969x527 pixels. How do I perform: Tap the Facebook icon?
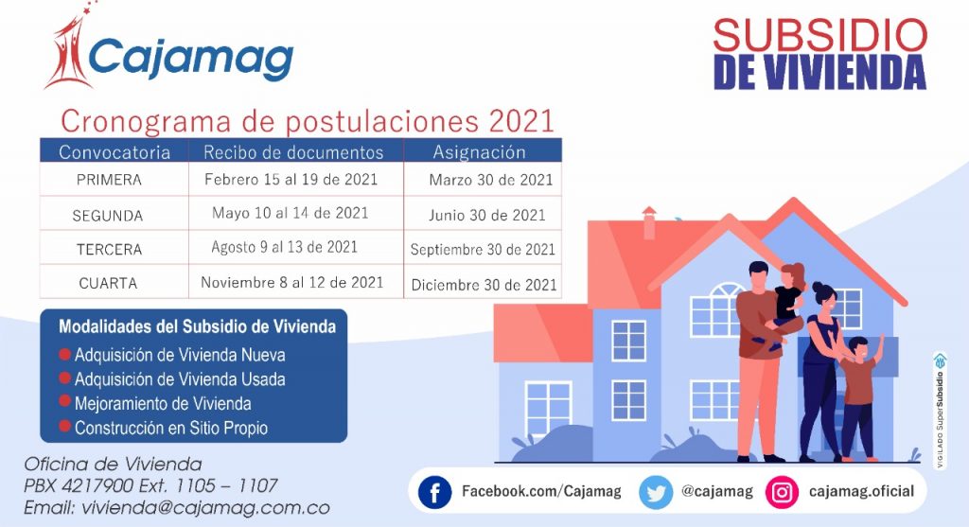point(434,492)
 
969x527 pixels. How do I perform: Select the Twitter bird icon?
point(655,492)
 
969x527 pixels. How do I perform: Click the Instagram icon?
point(782,492)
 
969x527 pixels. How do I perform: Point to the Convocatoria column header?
point(115,152)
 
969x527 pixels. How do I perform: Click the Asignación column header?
point(479,152)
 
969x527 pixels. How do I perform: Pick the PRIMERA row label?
point(109,180)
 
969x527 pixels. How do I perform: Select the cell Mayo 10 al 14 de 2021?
point(290,213)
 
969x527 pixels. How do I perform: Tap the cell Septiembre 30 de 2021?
point(483,250)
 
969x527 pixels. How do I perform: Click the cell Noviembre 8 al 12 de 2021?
point(291,282)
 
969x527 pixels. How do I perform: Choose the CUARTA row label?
point(108,284)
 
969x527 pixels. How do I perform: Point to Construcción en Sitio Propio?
point(171,428)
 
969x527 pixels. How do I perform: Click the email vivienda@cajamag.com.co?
point(205,508)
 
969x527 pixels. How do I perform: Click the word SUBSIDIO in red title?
point(820,36)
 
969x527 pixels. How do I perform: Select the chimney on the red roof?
point(649,222)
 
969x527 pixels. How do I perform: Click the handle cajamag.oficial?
point(861,491)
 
